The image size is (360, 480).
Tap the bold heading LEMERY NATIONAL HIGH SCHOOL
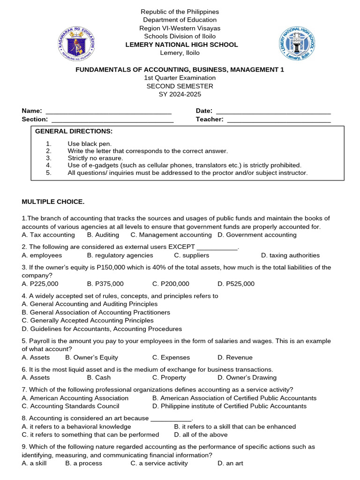pyautogui.click(x=181, y=45)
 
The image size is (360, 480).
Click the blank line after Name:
pyautogui.click(x=108, y=112)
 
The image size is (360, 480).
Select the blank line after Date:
pyautogui.click(x=273, y=112)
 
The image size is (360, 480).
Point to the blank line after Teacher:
pyautogui.click(x=279, y=120)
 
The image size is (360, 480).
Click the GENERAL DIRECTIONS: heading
pyautogui.click(x=74, y=131)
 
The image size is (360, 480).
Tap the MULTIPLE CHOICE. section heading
pyautogui.click(x=53, y=202)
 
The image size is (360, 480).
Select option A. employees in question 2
pyautogui.click(x=42, y=255)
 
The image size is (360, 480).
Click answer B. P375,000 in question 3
pyautogui.click(x=105, y=284)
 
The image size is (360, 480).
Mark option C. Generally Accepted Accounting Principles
pyautogui.click(x=88, y=321)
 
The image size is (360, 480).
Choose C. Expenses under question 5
pyautogui.click(x=171, y=357)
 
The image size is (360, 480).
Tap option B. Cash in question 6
pyautogui.click(x=99, y=378)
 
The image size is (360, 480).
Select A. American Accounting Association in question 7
pyautogui.click(x=75, y=398)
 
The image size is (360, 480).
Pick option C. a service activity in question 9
pyautogui.click(x=159, y=463)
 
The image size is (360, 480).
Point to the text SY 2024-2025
pyautogui.click(x=180, y=94)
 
